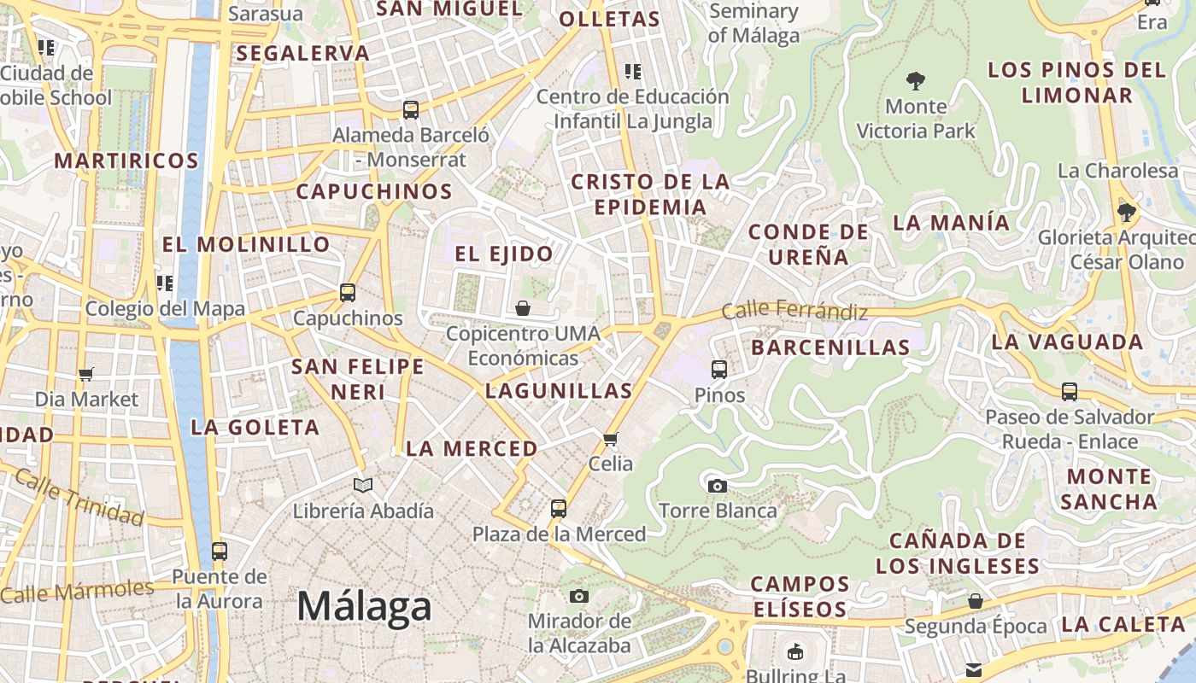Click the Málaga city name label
[364, 606]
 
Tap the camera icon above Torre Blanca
[718, 486]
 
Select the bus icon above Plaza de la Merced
[559, 508]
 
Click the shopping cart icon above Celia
[610, 440]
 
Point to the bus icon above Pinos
[719, 369]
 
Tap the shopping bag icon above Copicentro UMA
[523, 307]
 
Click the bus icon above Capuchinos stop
[348, 292]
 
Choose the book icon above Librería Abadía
[363, 485]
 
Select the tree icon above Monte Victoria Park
[916, 81]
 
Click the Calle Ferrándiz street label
[794, 311]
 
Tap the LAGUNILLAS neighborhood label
[559, 391]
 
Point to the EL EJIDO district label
[504, 254]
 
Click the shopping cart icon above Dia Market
[85, 373]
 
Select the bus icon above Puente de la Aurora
[220, 551]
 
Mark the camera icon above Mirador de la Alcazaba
[579, 595]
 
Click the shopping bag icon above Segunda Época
[976, 601]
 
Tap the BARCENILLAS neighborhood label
[830, 347]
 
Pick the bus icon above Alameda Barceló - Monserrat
[411, 109]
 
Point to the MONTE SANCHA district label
[1109, 488]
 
